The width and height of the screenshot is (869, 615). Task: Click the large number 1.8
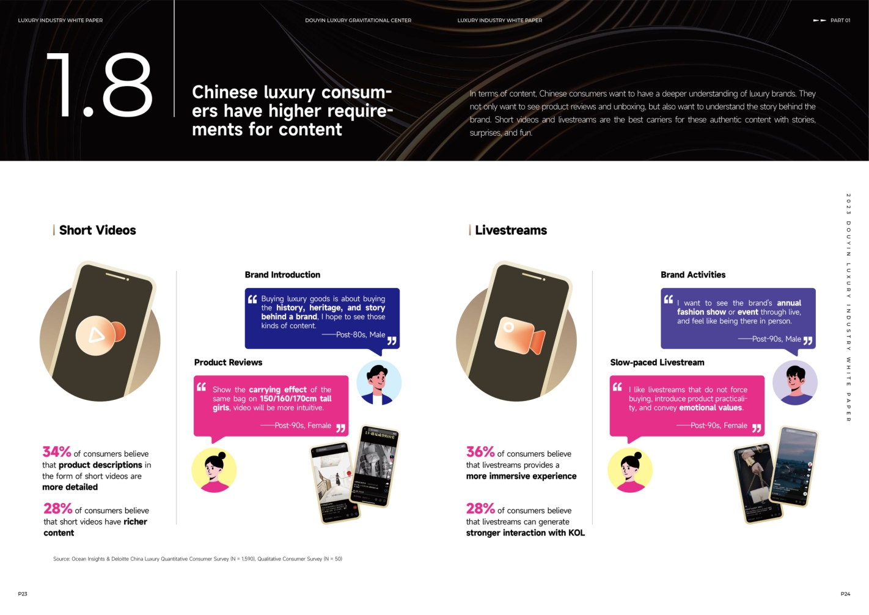tap(99, 85)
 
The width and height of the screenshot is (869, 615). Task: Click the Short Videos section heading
tap(97, 230)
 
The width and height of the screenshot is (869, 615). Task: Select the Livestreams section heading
tap(510, 230)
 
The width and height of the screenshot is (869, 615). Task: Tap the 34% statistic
tap(56, 452)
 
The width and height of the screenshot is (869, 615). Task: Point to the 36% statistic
tap(480, 452)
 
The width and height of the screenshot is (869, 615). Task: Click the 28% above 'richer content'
tap(57, 509)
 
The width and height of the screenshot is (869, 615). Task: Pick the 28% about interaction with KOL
tap(480, 509)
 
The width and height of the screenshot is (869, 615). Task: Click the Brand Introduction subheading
tap(282, 275)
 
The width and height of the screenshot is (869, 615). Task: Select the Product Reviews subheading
tap(228, 363)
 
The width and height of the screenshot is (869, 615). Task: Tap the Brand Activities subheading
tap(693, 275)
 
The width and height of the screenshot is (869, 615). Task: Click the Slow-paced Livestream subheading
tap(657, 363)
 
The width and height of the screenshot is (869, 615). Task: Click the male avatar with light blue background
tap(379, 383)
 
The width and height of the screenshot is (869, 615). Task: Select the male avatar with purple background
tap(794, 383)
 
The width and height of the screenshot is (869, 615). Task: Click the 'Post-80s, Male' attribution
tap(360, 334)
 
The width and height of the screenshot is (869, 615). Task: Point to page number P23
tap(23, 594)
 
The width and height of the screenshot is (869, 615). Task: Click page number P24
tap(845, 594)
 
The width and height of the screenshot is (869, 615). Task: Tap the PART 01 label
tap(840, 20)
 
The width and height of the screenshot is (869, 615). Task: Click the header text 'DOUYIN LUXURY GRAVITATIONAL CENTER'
tap(358, 20)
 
